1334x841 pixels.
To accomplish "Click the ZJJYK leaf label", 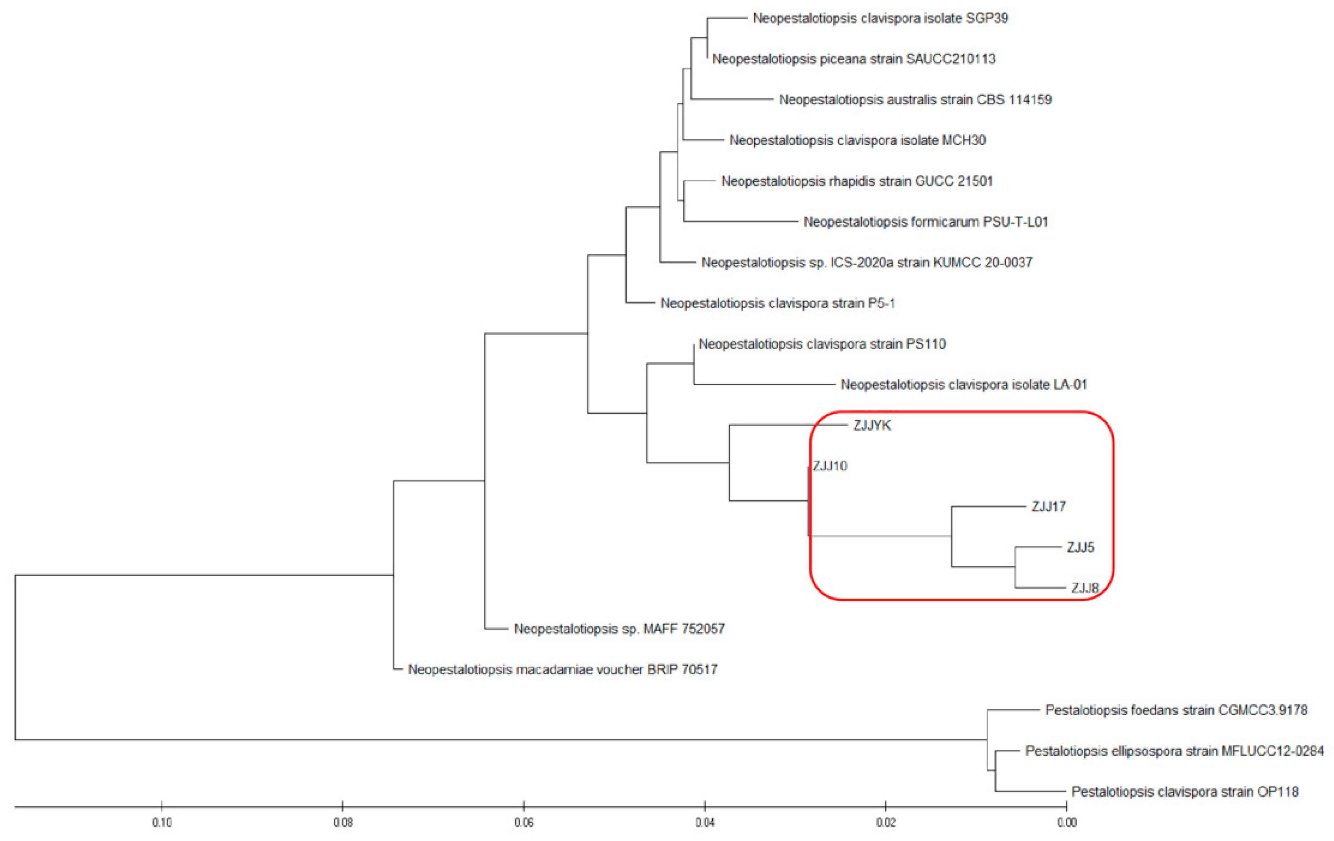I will coord(872,426).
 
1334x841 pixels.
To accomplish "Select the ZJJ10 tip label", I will coord(830,466).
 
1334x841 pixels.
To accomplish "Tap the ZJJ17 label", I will coord(1048,506).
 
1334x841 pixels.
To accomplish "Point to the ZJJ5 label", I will coord(1080,548).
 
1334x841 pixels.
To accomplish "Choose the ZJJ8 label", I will coord(1084,588).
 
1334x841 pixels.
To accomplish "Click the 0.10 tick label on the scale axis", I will coord(162,823).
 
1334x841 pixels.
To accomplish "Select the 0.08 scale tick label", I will coord(343,823).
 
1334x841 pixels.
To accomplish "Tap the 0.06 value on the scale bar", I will coord(524,823).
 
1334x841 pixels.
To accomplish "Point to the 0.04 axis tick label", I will coord(705,823).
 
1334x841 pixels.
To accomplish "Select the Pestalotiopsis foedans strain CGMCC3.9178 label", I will coord(1176,710).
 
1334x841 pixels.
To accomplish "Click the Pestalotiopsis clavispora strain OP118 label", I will coord(1185,792).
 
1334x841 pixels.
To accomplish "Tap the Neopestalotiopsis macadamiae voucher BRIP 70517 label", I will coord(562,670).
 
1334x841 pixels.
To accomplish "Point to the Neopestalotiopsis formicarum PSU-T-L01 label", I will coord(926,222).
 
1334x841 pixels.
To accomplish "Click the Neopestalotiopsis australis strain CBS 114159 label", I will coord(915,100).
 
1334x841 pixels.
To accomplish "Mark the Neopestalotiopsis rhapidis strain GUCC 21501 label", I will coord(856,181).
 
